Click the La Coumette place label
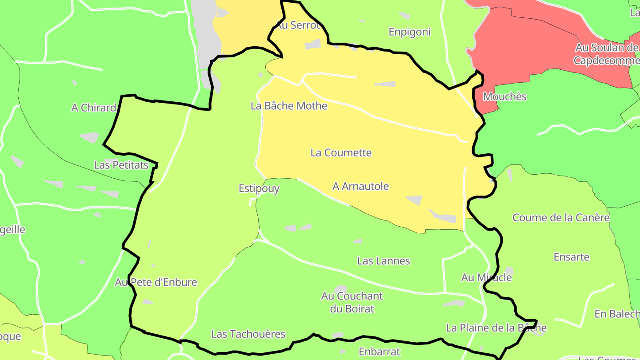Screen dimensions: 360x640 (x=341, y=153)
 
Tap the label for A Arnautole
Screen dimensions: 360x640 (x=360, y=186)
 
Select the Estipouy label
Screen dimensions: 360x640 (x=259, y=188)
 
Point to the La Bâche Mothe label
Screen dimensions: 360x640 (x=289, y=106)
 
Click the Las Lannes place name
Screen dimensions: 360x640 (x=384, y=261)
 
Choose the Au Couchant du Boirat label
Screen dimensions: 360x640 (x=352, y=302)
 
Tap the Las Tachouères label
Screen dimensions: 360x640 (x=248, y=334)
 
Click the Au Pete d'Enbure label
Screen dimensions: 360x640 (x=156, y=282)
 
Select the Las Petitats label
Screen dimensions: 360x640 (x=121, y=165)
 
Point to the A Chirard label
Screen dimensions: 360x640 (x=94, y=108)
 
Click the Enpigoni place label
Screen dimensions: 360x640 (x=410, y=32)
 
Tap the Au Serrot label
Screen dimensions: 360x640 (x=298, y=25)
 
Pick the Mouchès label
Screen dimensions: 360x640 (x=504, y=96)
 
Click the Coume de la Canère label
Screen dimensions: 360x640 (x=561, y=218)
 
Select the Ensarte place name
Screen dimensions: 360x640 (x=572, y=257)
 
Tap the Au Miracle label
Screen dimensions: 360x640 (x=486, y=277)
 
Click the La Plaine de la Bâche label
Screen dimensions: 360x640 (x=496, y=328)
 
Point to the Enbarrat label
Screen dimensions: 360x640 (x=379, y=352)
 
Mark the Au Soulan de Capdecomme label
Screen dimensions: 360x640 (x=607, y=54)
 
